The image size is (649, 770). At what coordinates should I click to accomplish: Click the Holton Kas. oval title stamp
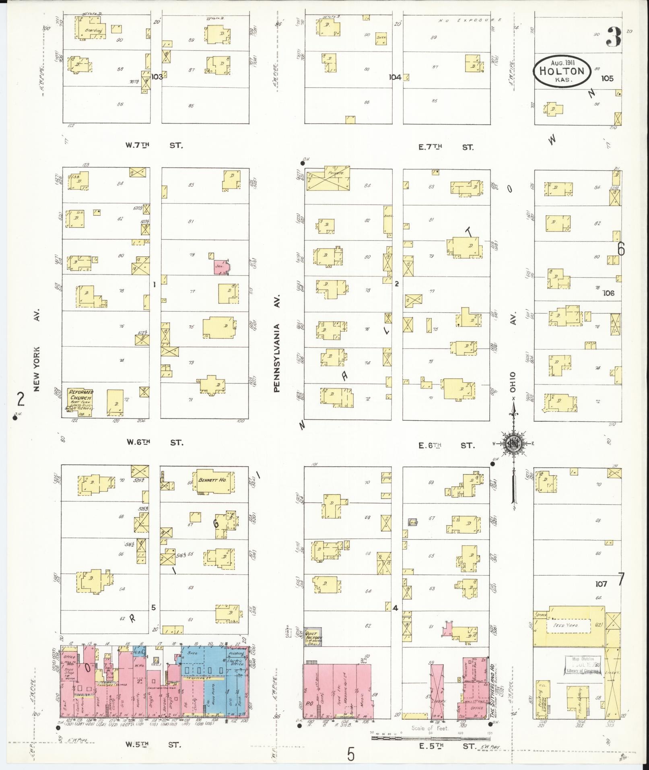tap(562, 71)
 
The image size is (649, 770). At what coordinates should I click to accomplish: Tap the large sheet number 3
tap(613, 37)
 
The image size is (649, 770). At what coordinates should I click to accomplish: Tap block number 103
tap(157, 76)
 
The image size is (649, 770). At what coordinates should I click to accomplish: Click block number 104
tap(395, 77)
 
